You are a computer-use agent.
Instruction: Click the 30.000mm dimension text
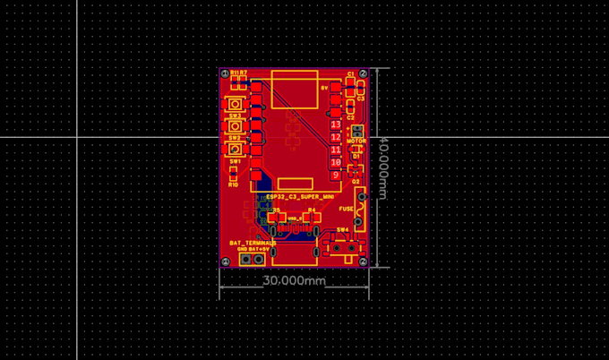[294, 280]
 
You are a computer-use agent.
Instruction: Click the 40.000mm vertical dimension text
[382, 168]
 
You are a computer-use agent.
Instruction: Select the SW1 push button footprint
[235, 150]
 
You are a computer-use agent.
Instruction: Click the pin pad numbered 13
[336, 124]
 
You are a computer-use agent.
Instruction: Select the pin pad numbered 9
[336, 176]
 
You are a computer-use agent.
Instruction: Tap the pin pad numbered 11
[336, 150]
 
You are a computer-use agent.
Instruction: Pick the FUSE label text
[346, 209]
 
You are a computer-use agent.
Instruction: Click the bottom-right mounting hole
[364, 261]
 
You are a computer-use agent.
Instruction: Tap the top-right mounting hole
[363, 73]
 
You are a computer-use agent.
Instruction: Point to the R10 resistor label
[233, 184]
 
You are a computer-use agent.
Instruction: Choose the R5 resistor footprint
[277, 217]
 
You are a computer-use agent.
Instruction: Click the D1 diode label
[356, 156]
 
